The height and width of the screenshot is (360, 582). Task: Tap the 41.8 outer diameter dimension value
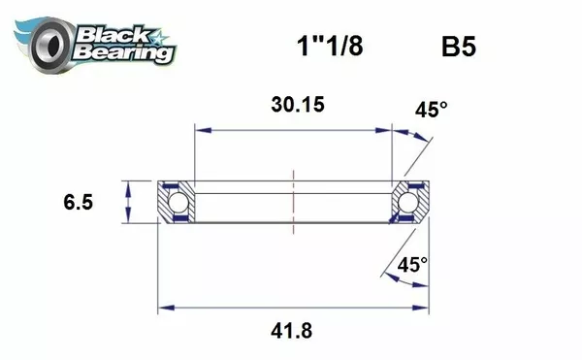click(x=292, y=331)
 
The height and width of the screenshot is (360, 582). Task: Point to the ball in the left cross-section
click(x=178, y=203)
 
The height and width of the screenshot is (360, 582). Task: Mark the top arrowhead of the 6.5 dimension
click(x=128, y=185)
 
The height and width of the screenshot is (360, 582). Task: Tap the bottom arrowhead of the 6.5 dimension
click(x=128, y=219)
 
